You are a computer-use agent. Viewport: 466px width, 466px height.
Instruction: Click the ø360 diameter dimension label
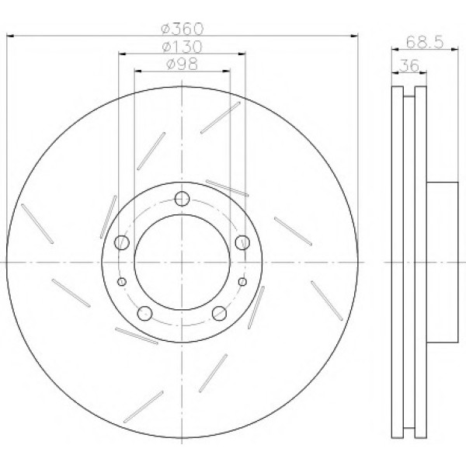point(183,29)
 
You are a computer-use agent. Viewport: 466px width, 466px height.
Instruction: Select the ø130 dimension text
point(183,47)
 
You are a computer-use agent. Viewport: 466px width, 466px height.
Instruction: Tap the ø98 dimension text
point(183,64)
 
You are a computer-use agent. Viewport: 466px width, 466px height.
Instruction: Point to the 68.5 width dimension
point(425,42)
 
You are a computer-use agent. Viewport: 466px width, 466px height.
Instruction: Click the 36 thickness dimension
point(409,65)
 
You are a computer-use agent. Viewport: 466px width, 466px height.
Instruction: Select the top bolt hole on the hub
point(183,199)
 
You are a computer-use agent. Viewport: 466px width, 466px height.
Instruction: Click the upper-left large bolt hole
point(122,242)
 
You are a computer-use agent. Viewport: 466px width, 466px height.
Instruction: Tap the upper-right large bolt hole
point(242,242)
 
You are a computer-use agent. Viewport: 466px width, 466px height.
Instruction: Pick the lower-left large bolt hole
point(145,313)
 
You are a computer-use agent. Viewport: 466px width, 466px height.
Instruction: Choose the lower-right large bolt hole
point(219,313)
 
